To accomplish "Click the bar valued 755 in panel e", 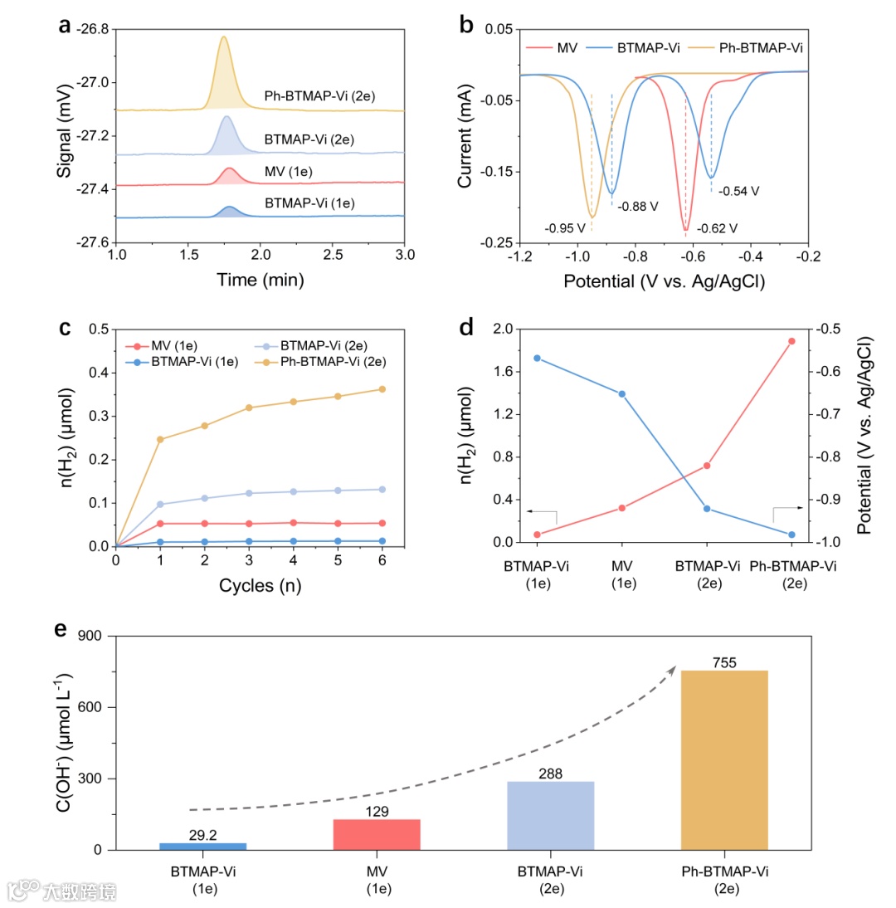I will [724, 759].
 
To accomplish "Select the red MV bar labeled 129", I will [377, 834].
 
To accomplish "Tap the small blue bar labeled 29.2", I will [203, 846].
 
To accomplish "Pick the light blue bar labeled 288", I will [551, 815].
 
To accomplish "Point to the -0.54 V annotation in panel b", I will [738, 191].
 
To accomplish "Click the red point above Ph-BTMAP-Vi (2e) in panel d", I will [791, 341].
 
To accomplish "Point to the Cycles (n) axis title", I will [260, 586].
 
